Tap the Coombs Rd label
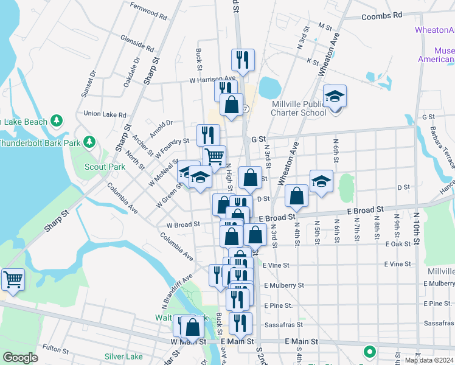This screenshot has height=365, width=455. [x=381, y=15]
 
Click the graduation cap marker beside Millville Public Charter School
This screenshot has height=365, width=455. [x=334, y=97]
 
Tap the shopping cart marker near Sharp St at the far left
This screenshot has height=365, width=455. [x=13, y=280]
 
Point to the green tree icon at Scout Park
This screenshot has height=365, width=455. [x=90, y=142]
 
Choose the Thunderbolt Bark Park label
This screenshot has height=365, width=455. [x=36, y=144]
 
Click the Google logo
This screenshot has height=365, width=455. [x=20, y=358]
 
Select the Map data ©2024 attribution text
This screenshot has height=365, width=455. [x=429, y=360]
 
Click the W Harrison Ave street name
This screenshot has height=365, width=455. [x=212, y=78]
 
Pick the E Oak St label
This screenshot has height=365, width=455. [x=398, y=243]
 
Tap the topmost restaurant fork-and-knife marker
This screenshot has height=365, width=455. [x=242, y=60]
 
